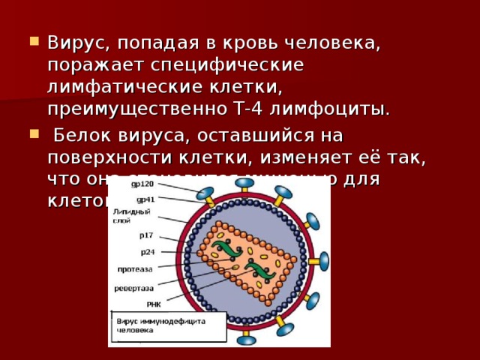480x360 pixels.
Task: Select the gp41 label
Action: tap(145, 199)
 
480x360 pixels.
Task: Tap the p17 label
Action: tap(145, 235)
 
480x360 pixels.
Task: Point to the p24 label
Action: tap(147, 252)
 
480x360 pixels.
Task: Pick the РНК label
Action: tap(154, 304)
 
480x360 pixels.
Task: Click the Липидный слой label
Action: tap(124, 215)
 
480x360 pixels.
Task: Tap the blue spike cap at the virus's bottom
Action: tap(245, 340)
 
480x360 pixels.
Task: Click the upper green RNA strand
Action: tap(225, 247)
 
